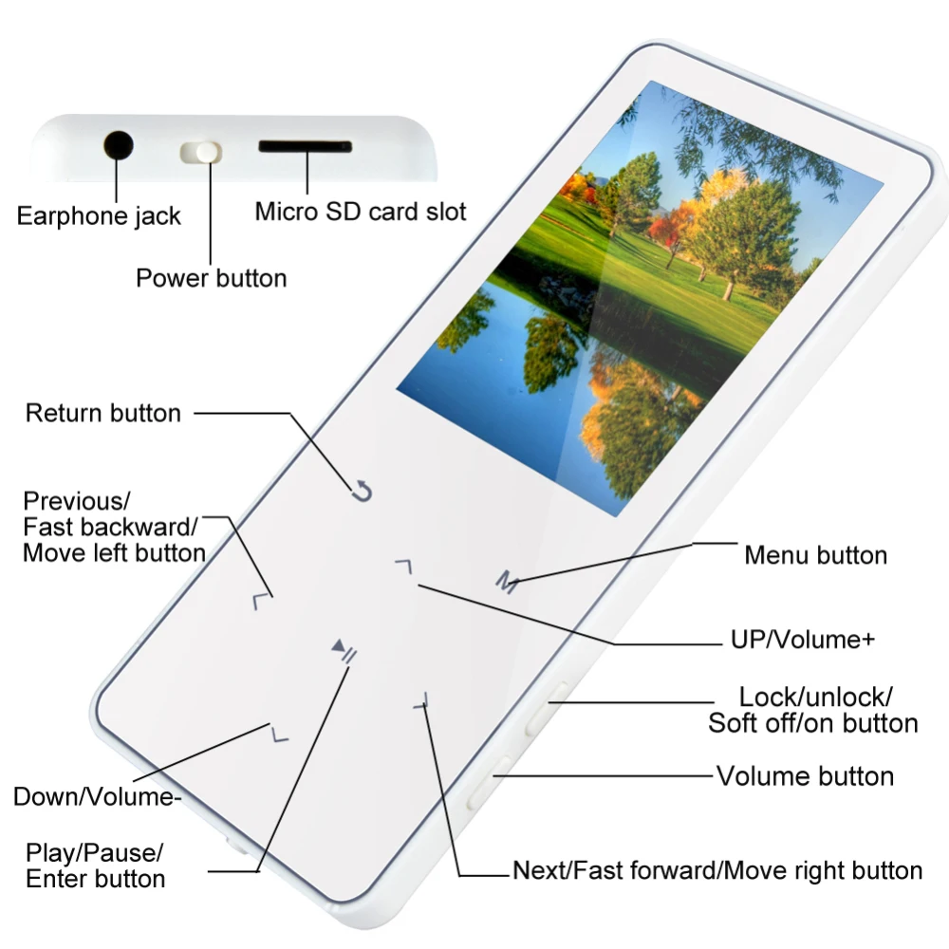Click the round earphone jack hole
click(118, 145)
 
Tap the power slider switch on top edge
click(201, 153)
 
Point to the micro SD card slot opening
click(305, 146)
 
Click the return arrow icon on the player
click(362, 491)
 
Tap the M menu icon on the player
click(507, 583)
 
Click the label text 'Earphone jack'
click(99, 216)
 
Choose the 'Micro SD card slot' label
click(360, 212)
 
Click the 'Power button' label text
click(212, 278)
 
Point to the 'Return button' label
click(102, 414)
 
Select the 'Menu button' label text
click(816, 555)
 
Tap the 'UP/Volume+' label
click(803, 639)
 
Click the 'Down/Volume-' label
click(97, 796)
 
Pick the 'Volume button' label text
click(805, 776)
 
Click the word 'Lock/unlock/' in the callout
click(815, 698)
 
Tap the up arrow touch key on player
click(403, 567)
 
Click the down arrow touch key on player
click(280, 735)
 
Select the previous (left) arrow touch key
click(260, 602)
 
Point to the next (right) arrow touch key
click(422, 702)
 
